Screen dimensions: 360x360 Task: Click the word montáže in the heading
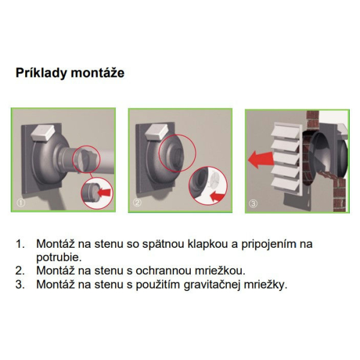click(98, 73)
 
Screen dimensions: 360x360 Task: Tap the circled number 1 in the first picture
click(20, 203)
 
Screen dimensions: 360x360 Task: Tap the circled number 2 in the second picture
click(137, 203)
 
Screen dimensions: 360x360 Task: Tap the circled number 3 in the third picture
click(253, 203)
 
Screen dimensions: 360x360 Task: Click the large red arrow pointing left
click(261, 160)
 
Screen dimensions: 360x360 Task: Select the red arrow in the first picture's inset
click(104, 192)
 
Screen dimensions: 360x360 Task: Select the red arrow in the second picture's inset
click(217, 197)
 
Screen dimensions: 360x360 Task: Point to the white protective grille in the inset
click(215, 179)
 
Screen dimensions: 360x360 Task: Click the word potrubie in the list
click(59, 257)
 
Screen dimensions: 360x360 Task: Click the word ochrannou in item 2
click(163, 271)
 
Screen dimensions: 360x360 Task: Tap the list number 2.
click(20, 271)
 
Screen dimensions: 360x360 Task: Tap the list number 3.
click(20, 284)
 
